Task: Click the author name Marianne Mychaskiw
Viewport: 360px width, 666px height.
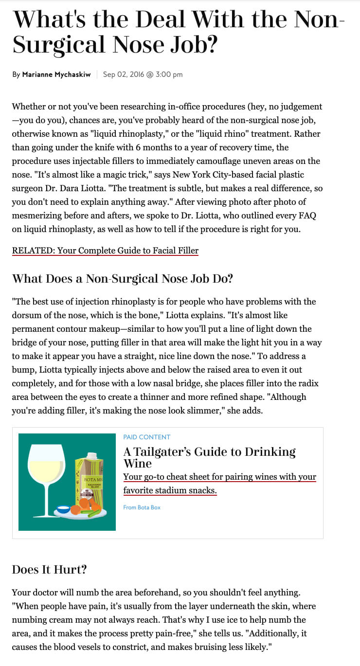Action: (x=56, y=74)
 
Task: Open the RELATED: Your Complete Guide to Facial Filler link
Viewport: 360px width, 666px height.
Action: (x=105, y=251)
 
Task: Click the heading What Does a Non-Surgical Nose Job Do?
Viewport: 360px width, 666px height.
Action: (x=122, y=279)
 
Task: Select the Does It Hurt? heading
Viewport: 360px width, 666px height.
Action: (x=49, y=569)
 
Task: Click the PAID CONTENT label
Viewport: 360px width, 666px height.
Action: (x=147, y=437)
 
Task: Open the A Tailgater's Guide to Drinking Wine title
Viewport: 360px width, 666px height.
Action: (x=209, y=457)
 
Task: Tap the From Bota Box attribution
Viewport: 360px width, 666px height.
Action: (x=142, y=507)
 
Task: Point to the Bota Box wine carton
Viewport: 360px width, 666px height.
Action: (x=88, y=479)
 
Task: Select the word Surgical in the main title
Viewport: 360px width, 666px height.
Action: (x=59, y=45)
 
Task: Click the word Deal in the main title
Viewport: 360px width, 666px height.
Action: (x=162, y=19)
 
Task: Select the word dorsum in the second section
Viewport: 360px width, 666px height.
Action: (x=29, y=315)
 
